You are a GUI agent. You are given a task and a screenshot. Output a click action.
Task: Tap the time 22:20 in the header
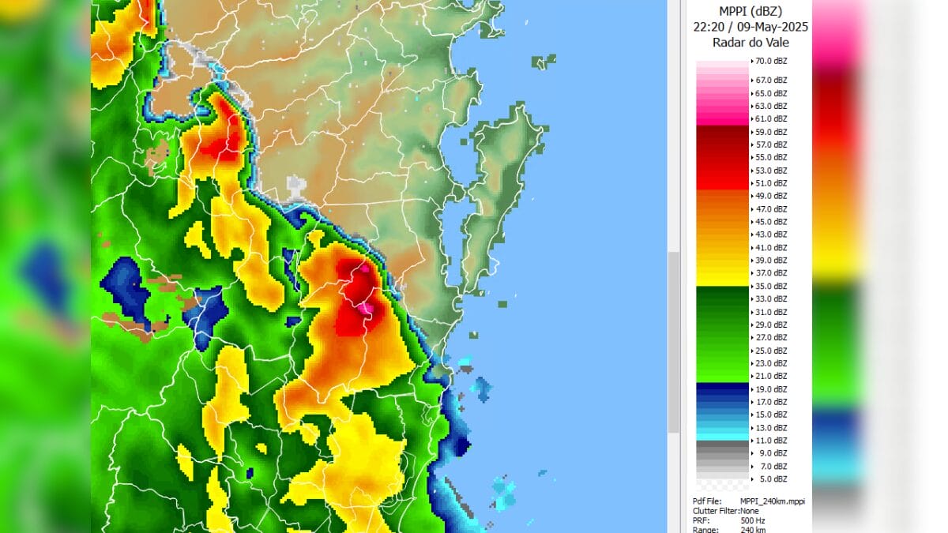pos(709,26)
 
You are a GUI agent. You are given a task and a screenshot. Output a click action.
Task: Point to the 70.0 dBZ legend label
pos(771,61)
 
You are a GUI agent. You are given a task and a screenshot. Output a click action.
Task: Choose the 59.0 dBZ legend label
pos(771,132)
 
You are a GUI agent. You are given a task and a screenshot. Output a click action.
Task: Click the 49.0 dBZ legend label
pos(771,196)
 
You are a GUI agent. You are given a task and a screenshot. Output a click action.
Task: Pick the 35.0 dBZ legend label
pos(771,286)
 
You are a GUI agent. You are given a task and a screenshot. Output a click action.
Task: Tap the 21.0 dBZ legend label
pos(771,376)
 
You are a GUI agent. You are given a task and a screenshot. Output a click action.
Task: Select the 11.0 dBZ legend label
pos(771,441)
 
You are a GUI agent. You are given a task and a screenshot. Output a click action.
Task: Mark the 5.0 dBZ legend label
pos(771,479)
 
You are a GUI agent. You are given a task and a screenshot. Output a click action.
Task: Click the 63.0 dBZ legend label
pos(771,106)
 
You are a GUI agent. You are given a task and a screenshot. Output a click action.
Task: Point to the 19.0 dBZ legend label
pos(771,389)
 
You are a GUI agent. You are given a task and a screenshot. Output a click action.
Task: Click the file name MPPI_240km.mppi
pos(772,501)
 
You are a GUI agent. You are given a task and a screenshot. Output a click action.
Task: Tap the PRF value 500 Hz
pos(751,520)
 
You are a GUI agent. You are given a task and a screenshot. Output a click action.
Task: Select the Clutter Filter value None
pos(750,511)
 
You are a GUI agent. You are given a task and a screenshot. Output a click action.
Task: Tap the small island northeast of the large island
pos(544,61)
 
